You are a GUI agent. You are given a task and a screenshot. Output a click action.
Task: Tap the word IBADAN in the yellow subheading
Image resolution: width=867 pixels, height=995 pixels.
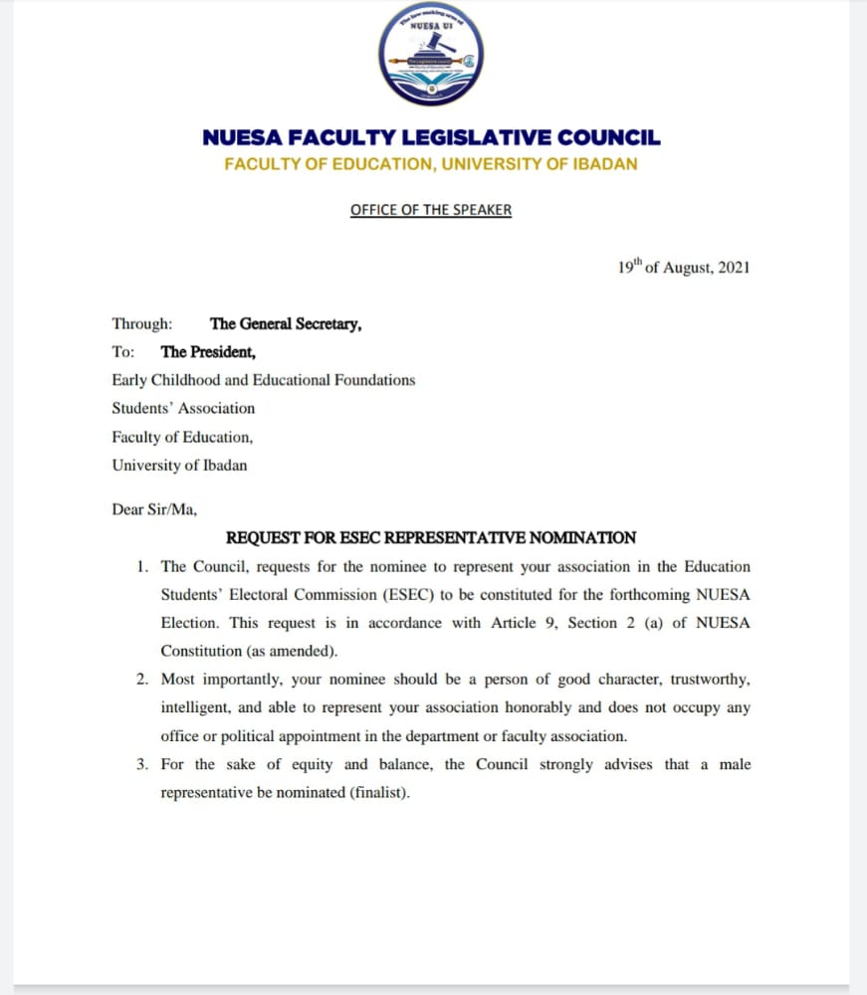[605, 163]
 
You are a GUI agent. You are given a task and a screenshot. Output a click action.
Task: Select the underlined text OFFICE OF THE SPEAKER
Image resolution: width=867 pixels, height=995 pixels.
[431, 210]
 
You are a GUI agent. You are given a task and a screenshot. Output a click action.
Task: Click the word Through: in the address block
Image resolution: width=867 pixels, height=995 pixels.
[141, 323]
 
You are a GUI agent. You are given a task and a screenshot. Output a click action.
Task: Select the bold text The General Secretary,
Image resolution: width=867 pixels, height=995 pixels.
[286, 323]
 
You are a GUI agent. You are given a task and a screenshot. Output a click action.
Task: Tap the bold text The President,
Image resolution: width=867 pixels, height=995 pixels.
[208, 351]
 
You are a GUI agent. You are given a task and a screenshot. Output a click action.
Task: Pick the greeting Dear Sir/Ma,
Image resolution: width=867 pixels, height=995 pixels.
[154, 509]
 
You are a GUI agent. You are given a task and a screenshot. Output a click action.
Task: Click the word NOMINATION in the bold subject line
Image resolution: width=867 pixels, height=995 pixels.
[582, 538]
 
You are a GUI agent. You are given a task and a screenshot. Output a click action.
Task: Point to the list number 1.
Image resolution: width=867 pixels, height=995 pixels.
[142, 567]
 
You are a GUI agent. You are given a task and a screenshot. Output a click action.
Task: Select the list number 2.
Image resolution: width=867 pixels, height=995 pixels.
[142, 681]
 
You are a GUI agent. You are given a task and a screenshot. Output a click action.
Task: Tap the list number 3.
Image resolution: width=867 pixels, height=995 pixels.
[142, 765]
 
